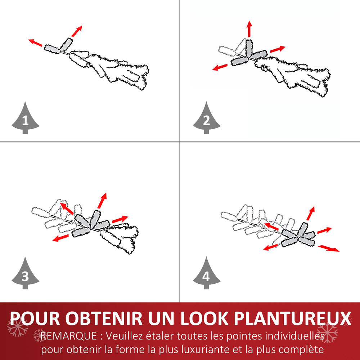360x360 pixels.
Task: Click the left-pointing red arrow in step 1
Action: (x=36, y=43)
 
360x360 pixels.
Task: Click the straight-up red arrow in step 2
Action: (x=249, y=29)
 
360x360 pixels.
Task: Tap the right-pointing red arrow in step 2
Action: (x=277, y=49)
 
